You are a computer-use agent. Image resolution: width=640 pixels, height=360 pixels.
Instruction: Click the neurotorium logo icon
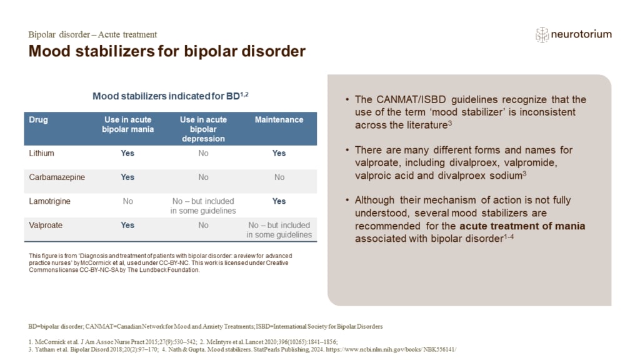(542, 34)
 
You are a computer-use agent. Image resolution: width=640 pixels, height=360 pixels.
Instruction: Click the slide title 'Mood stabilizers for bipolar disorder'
(167, 51)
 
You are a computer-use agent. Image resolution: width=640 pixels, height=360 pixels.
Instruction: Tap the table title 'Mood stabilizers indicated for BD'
(170, 96)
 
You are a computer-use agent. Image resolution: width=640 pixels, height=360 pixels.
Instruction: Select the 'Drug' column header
(38, 120)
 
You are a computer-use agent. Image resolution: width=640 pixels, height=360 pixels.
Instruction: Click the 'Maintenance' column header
(279, 120)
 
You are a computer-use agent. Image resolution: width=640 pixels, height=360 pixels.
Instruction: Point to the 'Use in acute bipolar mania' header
(127, 124)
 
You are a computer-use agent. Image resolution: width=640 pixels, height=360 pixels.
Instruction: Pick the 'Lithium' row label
(42, 153)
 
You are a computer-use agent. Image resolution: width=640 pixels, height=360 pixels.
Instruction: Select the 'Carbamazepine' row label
(57, 177)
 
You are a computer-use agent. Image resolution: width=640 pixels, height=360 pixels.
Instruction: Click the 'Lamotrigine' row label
(49, 201)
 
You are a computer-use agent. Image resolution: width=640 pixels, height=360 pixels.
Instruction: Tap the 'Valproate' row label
(46, 225)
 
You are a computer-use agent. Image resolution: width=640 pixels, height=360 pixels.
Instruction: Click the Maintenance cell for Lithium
(279, 153)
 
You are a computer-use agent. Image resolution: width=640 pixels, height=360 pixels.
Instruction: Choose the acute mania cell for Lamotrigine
(127, 201)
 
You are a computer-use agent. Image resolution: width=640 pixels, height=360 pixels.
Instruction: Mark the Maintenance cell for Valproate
(279, 230)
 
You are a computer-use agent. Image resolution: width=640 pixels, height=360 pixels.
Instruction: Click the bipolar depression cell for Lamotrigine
(203, 206)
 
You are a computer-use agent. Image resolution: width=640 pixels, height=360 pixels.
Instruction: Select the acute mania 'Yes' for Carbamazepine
(127, 177)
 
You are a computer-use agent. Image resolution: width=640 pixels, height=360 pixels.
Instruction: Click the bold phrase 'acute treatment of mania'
(526, 226)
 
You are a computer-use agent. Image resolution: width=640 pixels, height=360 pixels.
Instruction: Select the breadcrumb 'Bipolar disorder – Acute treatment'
(92, 34)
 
